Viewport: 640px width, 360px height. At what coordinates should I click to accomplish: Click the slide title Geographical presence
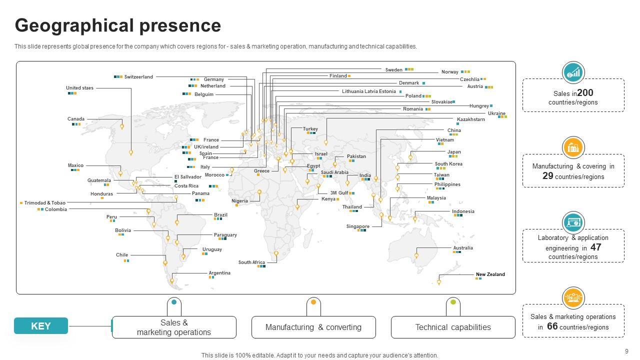point(118,25)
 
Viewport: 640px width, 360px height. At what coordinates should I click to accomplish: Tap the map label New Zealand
point(490,274)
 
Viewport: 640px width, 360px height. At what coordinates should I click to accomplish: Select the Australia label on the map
point(463,248)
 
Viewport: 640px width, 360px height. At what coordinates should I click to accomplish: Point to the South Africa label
point(251,262)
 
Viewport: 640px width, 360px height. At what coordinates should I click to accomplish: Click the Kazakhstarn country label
point(471,119)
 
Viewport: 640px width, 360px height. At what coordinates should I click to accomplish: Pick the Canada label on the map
point(76,119)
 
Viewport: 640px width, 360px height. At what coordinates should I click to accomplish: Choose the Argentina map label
point(219,273)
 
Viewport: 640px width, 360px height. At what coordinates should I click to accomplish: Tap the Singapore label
point(358,226)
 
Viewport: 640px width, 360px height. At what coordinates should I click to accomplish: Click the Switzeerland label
point(138,77)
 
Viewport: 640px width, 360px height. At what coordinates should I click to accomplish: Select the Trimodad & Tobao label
point(45,203)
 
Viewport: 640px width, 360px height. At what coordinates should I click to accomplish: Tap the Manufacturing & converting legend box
point(313,327)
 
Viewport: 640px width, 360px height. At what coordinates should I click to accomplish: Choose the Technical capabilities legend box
point(453,327)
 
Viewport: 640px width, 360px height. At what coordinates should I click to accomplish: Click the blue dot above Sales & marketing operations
point(174,302)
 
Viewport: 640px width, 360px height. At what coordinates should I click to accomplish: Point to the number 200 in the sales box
point(585,93)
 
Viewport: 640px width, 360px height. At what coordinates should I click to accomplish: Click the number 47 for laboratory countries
point(595,247)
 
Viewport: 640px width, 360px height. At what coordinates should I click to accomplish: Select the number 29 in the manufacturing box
point(547,176)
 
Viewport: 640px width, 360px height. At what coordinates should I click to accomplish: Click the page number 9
point(626,351)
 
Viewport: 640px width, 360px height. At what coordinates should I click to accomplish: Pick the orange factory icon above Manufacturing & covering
point(573,147)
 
